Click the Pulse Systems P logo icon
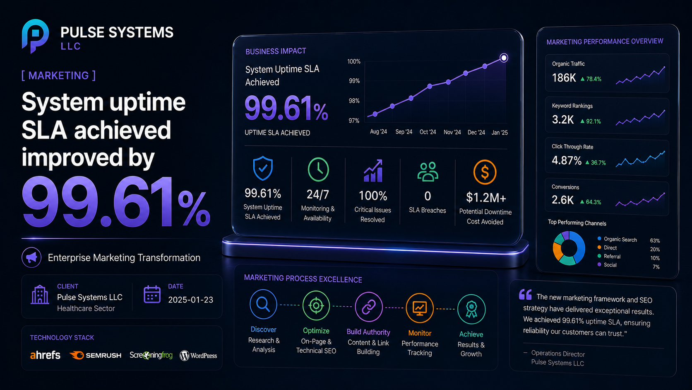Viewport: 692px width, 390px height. (x=35, y=36)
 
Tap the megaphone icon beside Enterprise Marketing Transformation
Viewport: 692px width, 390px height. (x=31, y=257)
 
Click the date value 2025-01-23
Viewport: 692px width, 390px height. (x=191, y=300)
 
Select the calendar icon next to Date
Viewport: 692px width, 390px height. (x=152, y=294)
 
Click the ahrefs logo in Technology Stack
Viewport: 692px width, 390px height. (x=45, y=355)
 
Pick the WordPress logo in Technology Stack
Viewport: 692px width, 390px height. (x=198, y=356)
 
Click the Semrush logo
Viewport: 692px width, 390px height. (x=96, y=355)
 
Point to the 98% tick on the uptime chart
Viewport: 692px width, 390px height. (x=354, y=101)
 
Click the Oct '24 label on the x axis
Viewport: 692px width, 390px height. (x=428, y=132)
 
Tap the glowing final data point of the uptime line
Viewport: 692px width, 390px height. (x=504, y=58)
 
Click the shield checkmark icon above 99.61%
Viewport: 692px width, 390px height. (x=262, y=168)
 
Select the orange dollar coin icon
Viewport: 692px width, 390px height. (x=485, y=172)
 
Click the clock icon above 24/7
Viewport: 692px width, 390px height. (x=318, y=170)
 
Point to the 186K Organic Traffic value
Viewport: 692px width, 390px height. (x=564, y=78)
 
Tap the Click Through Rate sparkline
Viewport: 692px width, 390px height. (x=640, y=159)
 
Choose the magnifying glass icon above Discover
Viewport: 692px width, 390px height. (x=263, y=304)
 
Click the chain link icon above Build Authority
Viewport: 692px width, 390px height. (x=368, y=307)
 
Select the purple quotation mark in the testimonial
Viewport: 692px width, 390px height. (x=525, y=294)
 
